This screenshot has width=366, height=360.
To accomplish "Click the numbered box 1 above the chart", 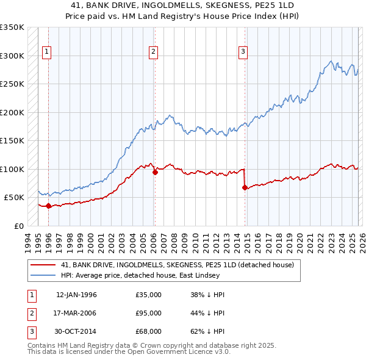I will pyautogui.click(x=47, y=52).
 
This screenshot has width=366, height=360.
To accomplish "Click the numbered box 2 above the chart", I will pyautogui.click(x=153, y=52).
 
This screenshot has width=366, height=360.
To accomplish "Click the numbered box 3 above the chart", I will pyautogui.click(x=243, y=52).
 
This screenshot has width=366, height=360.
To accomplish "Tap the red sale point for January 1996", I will pyautogui.click(x=49, y=206).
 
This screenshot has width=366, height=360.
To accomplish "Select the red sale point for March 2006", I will pyautogui.click(x=155, y=172).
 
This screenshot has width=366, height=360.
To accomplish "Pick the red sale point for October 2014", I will pyautogui.click(x=245, y=187).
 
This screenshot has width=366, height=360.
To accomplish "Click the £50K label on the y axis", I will pyautogui.click(x=14, y=198).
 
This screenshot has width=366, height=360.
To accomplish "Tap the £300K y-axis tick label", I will pyautogui.click(x=12, y=56).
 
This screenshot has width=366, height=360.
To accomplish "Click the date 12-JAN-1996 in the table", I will pyautogui.click(x=76, y=295).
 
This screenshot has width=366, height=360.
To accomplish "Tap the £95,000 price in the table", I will pyautogui.click(x=149, y=313).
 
